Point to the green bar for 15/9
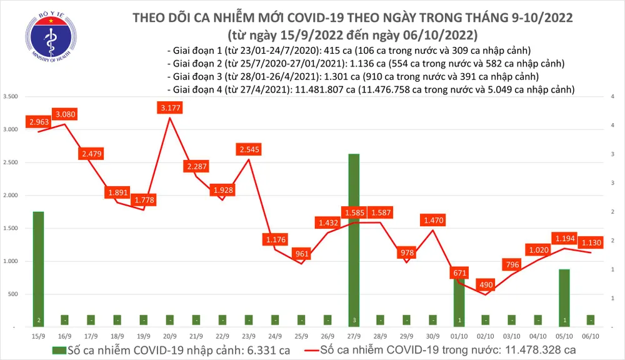click(38, 269)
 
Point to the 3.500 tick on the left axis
click(11, 97)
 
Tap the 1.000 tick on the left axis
click(11, 261)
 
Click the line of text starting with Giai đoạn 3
click(353, 76)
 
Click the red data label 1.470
click(434, 220)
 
